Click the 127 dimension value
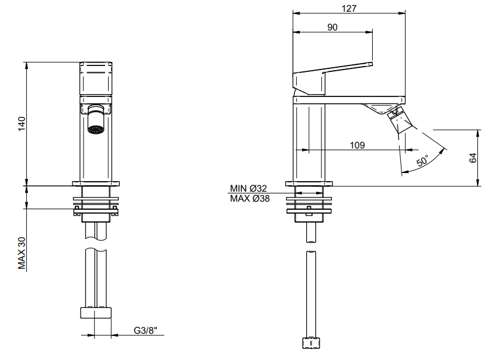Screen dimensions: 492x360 point(349,8)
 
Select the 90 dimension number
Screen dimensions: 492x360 point(332,27)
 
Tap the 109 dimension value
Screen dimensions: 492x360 point(357,146)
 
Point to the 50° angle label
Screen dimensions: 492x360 point(422,160)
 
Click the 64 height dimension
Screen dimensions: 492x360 point(473,158)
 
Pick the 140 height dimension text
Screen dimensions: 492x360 point(22,124)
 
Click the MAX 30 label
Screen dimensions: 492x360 point(22,253)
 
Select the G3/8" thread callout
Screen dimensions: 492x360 point(145,330)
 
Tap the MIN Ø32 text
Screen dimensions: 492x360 point(248,188)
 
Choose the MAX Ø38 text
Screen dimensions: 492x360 point(250,198)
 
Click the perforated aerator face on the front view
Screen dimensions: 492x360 point(95,129)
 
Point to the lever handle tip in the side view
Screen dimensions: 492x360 point(371,64)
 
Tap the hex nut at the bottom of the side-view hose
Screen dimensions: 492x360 point(311,342)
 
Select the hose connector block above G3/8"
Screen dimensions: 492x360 point(96,313)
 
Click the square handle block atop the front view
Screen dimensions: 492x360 point(96,78)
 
